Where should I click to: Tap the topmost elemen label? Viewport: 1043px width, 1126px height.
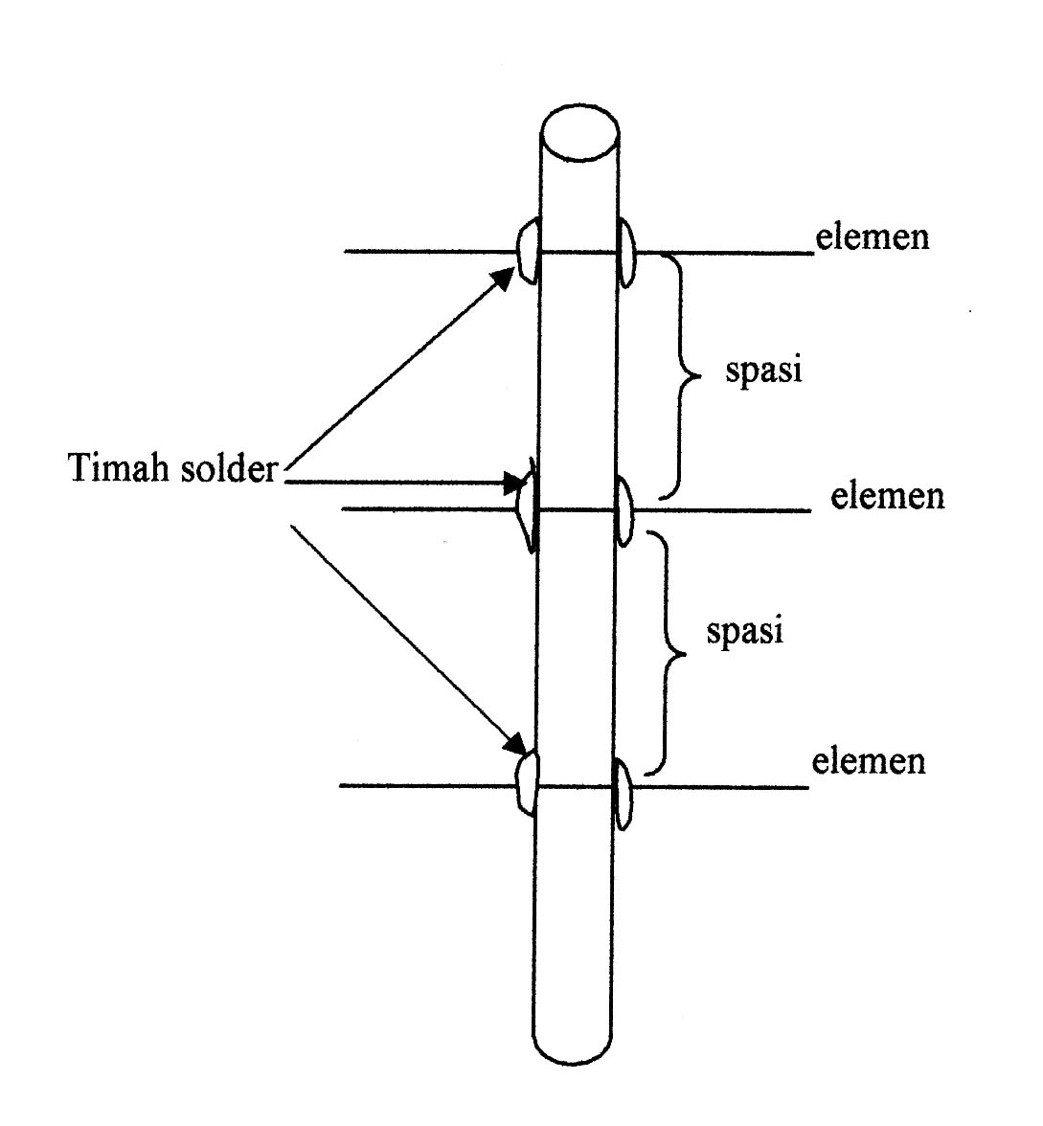tap(873, 236)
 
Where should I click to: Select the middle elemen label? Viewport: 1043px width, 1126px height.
tap(887, 496)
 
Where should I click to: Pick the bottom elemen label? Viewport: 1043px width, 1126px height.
tap(869, 761)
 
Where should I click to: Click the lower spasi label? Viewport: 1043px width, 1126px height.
tap(744, 632)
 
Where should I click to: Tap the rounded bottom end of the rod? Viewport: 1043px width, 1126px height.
tap(573, 1048)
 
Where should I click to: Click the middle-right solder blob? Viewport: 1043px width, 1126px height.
tap(624, 510)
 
